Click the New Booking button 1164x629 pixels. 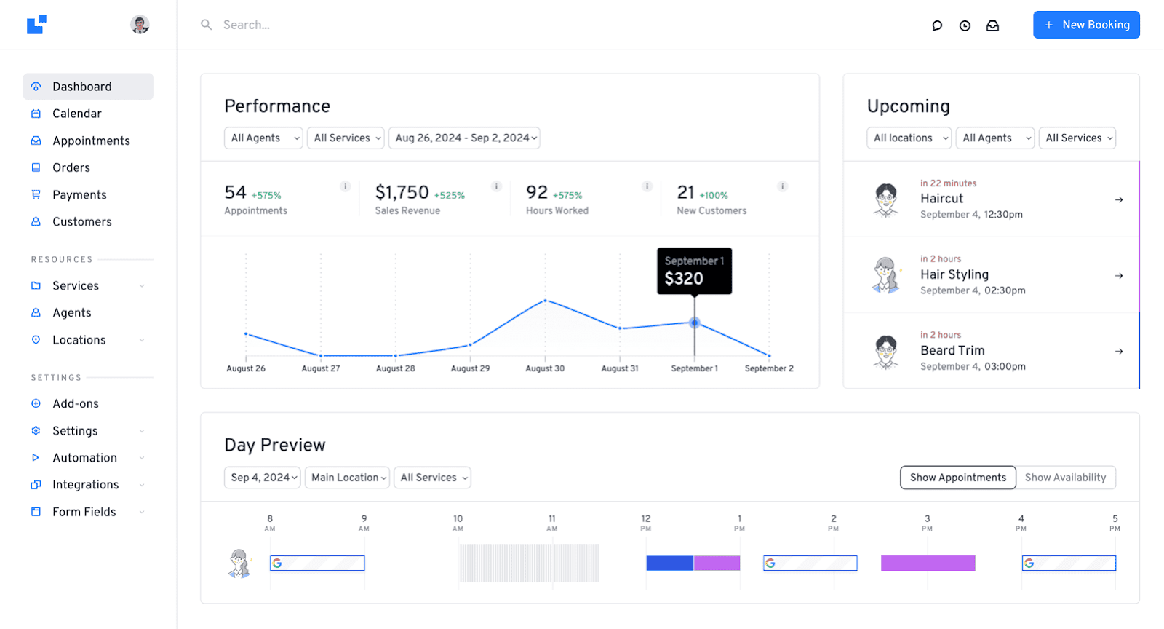[x=1086, y=25]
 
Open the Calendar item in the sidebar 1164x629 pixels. [x=76, y=114]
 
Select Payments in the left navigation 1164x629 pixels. [x=79, y=195]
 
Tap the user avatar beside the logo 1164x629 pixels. [x=140, y=25]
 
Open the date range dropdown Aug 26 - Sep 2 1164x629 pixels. [x=464, y=138]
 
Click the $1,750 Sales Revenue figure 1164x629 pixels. [x=402, y=192]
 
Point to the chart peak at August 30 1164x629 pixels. [x=545, y=301]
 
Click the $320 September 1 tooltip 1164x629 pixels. [x=694, y=272]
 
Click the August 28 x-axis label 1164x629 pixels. [x=395, y=368]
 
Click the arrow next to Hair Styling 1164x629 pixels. [x=1119, y=276]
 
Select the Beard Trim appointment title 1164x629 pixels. [x=952, y=350]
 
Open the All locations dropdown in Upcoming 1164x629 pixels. [x=909, y=138]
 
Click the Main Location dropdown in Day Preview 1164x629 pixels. [x=347, y=478]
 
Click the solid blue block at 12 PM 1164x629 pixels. [x=669, y=563]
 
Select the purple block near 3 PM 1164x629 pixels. [x=928, y=563]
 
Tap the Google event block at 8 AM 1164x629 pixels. [x=317, y=563]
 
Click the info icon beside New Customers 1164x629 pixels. [x=783, y=186]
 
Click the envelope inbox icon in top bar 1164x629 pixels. [x=992, y=25]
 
